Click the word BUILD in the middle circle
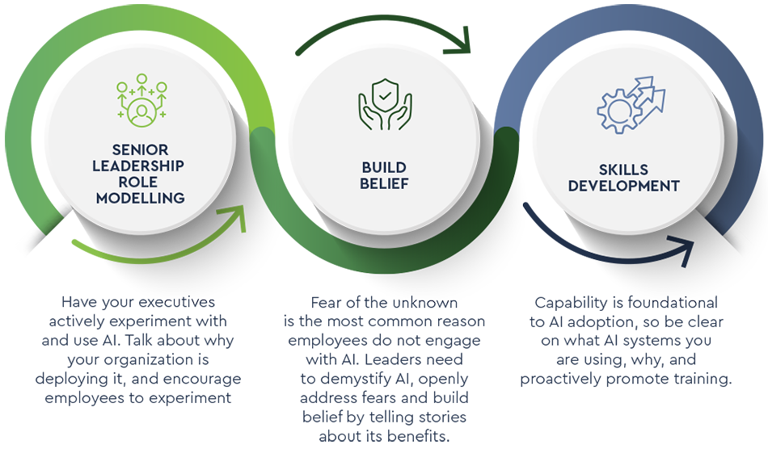click(x=384, y=167)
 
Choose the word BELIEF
click(x=384, y=184)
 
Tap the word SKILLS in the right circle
click(x=623, y=170)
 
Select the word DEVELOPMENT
click(x=623, y=186)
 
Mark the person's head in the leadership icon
click(x=141, y=106)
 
